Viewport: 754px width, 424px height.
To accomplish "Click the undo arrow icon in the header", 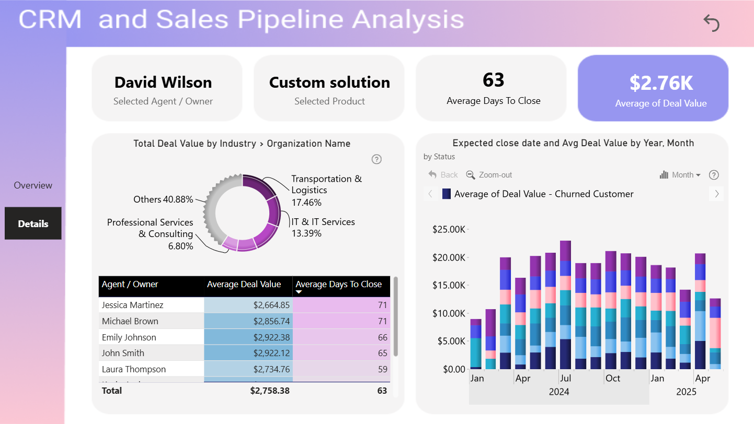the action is (711, 23).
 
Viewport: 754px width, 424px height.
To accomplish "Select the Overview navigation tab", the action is (33, 185).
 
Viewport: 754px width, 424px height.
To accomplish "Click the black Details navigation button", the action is (33, 223).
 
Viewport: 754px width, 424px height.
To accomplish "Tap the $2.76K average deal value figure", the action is (661, 83).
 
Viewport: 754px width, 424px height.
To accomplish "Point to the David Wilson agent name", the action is (163, 83).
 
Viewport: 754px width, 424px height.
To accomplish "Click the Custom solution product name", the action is (329, 83).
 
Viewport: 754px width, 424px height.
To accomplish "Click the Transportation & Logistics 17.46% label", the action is (326, 190).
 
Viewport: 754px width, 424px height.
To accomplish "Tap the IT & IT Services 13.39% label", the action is (323, 227).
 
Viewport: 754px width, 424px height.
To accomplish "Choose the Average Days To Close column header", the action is (339, 284).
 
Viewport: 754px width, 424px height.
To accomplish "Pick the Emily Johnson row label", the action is (129, 337).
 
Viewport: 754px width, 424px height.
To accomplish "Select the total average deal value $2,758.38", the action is (270, 391).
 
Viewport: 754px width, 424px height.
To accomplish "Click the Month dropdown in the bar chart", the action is (680, 175).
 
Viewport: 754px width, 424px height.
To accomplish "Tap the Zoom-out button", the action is (489, 175).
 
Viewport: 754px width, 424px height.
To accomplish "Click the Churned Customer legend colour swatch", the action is (447, 194).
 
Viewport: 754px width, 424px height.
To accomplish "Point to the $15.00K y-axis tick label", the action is (448, 285).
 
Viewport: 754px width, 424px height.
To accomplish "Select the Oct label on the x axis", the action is (613, 378).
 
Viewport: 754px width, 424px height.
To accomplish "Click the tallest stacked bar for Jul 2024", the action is (566, 304).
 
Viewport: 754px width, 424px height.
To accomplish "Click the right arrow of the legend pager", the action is (717, 194).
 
